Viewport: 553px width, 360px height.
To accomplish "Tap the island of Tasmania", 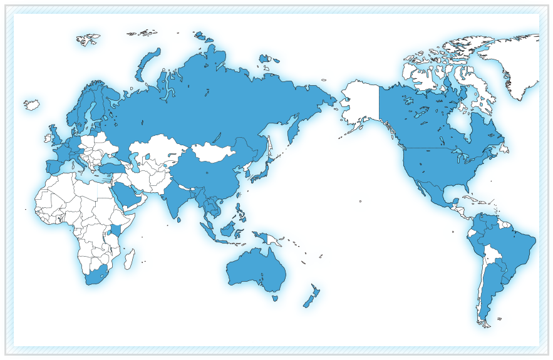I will click(275, 298).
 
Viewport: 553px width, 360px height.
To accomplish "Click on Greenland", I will click(514, 63).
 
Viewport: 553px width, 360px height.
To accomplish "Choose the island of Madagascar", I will click(129, 258).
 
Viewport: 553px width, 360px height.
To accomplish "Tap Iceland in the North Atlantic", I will click(31, 104).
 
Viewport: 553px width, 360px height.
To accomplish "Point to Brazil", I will click(510, 247).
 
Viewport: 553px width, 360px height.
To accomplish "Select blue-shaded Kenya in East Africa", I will click(116, 232).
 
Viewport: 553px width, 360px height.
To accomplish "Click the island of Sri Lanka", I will click(180, 219).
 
